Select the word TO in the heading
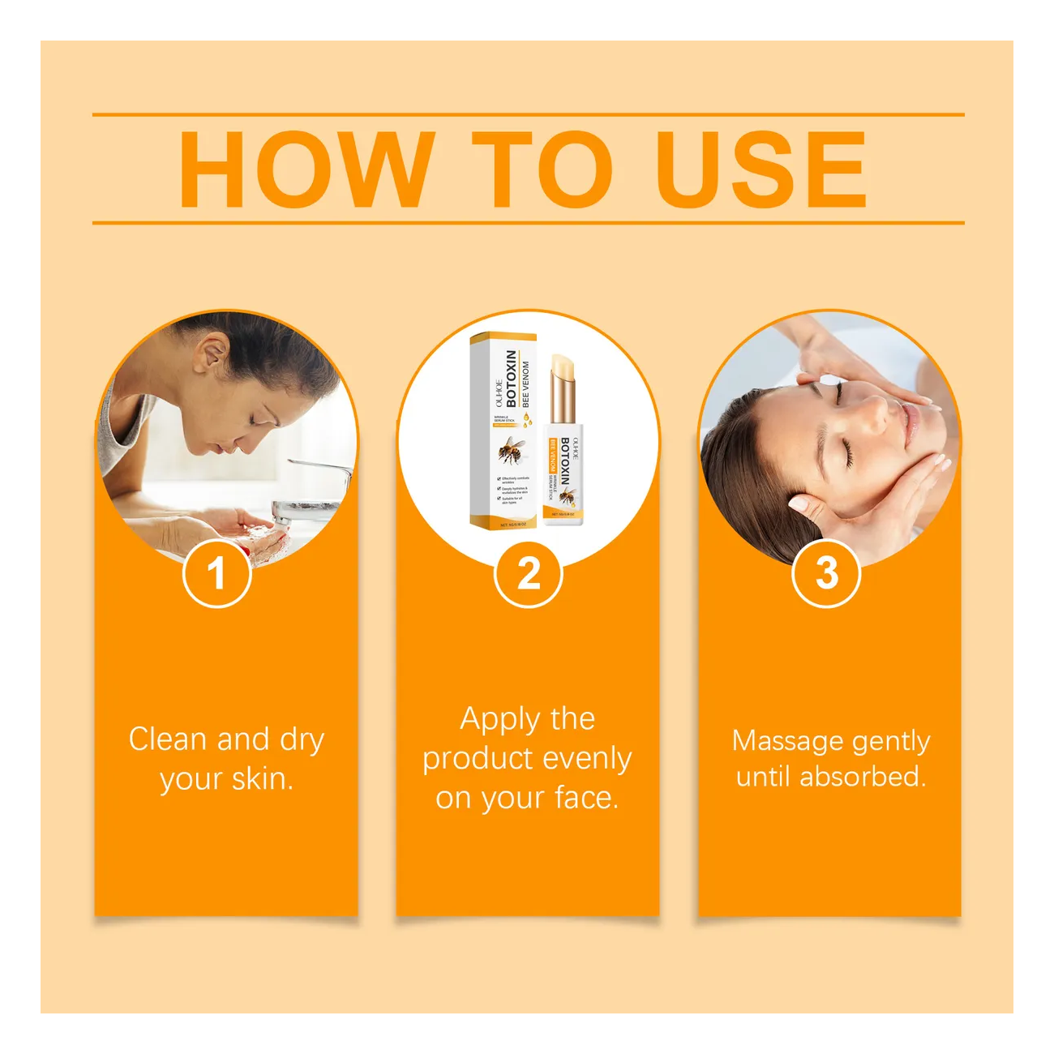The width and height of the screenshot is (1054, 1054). click(542, 170)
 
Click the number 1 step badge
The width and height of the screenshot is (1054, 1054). click(216, 574)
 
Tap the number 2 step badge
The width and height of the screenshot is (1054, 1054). click(529, 574)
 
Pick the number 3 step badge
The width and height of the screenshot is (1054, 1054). click(826, 573)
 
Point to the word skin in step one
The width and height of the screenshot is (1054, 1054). click(261, 779)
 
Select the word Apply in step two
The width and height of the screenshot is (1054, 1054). click(499, 719)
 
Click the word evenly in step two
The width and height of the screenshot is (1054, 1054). click(588, 759)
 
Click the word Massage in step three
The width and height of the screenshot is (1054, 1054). click(776, 741)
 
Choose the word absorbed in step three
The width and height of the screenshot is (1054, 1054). click(862, 777)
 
